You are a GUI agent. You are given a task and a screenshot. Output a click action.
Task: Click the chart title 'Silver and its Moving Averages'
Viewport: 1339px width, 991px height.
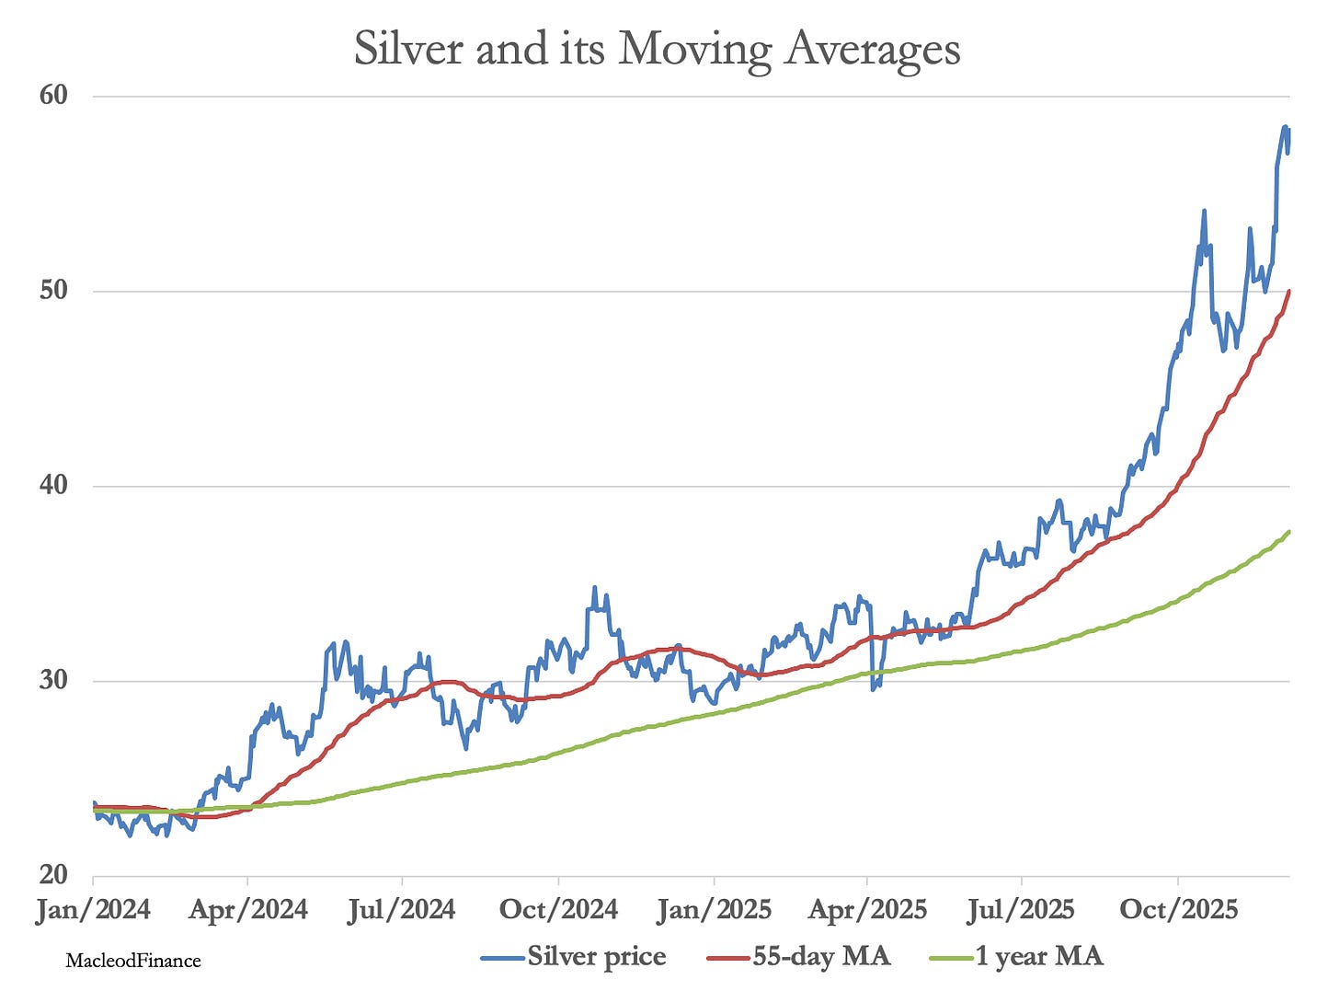point(657,49)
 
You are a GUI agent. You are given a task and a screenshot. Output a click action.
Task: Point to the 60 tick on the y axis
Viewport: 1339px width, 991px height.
point(53,95)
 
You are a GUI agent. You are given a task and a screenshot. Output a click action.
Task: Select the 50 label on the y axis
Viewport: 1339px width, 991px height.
point(53,290)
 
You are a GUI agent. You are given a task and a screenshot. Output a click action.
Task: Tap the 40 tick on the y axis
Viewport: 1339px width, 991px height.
point(53,485)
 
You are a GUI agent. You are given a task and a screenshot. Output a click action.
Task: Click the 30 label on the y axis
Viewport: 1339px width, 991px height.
point(53,680)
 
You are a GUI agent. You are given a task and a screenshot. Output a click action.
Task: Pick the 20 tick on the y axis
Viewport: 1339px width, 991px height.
point(53,875)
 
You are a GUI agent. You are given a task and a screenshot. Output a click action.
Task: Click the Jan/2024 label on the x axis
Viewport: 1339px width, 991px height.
point(93,910)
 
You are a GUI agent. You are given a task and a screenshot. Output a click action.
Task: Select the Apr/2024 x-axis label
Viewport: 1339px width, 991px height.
point(248,910)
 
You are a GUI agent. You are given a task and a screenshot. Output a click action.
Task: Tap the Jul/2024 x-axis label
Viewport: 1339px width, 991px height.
point(402,910)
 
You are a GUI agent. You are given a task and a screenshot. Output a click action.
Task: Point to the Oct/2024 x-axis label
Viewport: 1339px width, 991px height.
point(558,910)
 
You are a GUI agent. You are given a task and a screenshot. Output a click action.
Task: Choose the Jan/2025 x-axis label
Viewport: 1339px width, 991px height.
point(714,910)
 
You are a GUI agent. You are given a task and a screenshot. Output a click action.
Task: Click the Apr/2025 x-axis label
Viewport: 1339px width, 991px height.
point(867,910)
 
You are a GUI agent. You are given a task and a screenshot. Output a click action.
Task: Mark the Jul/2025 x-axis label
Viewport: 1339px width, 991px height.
point(1021,910)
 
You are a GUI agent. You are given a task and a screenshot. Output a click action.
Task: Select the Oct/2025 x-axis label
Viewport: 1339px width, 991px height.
point(1177,910)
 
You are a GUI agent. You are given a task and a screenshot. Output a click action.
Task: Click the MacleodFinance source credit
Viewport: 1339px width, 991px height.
point(133,961)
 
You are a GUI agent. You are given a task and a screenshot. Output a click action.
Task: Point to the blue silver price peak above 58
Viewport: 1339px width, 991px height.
point(1285,127)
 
